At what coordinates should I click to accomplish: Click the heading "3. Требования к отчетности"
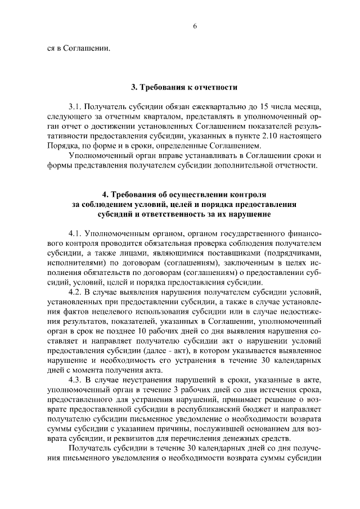(x=184, y=87)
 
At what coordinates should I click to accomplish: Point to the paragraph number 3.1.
(x=75, y=106)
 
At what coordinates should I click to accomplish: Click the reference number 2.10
(x=256, y=136)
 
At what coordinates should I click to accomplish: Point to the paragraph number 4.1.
(x=75, y=233)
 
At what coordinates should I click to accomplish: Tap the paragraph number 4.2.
(x=75, y=292)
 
